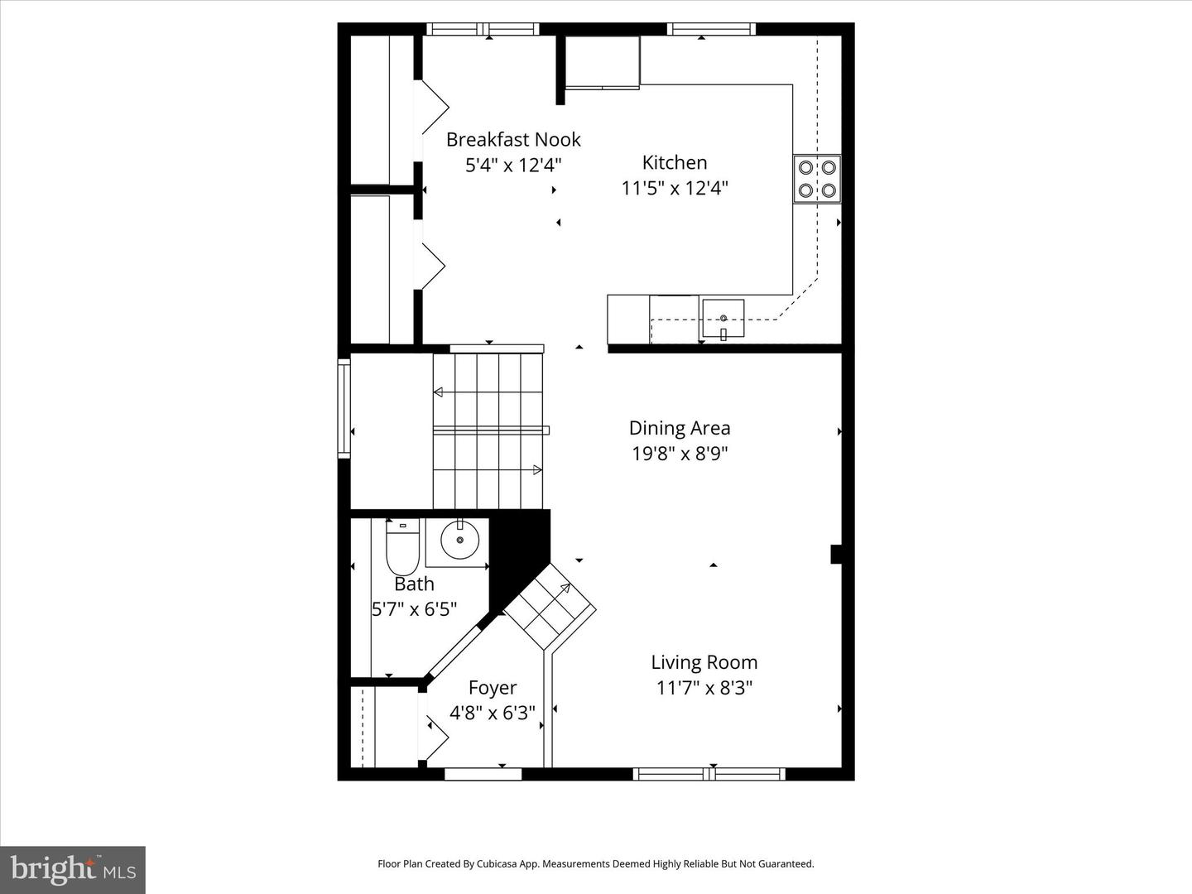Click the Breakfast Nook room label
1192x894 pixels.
(x=513, y=139)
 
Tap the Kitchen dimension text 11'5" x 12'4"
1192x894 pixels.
(x=675, y=188)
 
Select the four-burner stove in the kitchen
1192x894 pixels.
(x=816, y=179)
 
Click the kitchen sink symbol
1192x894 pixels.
(x=723, y=320)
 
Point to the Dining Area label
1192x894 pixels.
(x=680, y=428)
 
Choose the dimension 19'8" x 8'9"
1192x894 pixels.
(x=680, y=454)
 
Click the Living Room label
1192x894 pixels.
(x=704, y=662)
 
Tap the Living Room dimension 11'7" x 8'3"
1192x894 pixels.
(x=704, y=688)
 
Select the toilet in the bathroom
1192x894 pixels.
(x=402, y=548)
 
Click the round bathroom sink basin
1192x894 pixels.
(x=459, y=541)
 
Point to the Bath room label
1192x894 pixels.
(x=414, y=584)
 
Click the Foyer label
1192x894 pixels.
(x=493, y=688)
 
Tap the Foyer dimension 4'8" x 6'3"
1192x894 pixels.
(x=493, y=713)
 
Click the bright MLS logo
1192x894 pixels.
(x=73, y=869)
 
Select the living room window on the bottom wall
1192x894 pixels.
(x=709, y=774)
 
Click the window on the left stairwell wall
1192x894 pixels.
(x=344, y=407)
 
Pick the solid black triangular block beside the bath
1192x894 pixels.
(x=517, y=550)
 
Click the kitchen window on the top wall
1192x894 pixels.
(x=712, y=30)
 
